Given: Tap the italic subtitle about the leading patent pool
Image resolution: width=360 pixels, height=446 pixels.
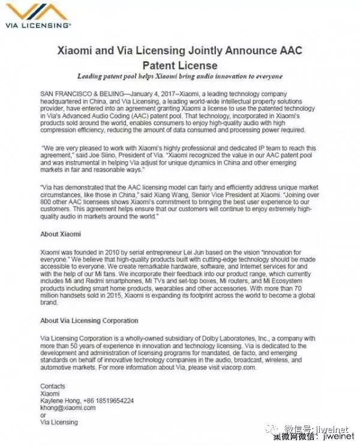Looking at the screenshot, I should [179, 77].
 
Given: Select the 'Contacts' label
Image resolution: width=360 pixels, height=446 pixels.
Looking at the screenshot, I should [53, 386].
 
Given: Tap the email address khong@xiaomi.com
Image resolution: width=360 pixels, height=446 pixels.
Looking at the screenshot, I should [68, 408].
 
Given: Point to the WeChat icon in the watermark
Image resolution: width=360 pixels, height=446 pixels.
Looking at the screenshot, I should [274, 430].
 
